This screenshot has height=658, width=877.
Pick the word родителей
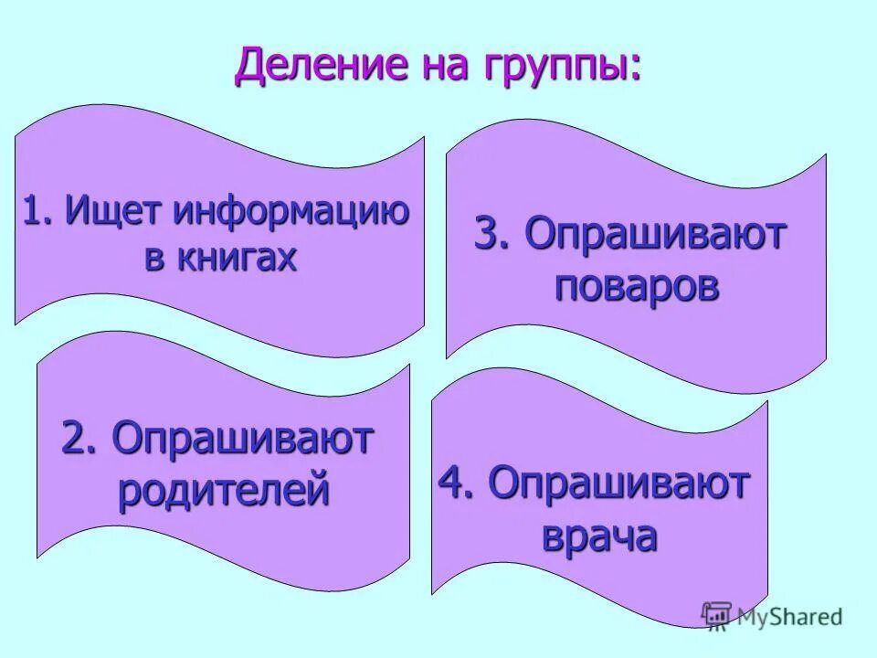tap(223, 492)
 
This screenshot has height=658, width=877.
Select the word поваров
tap(637, 287)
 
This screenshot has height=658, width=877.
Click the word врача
tap(599, 536)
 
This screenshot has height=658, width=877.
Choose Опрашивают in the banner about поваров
tap(655, 238)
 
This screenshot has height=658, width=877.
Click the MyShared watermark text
tap(791, 617)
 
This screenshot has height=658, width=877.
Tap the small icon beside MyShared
tap(717, 615)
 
